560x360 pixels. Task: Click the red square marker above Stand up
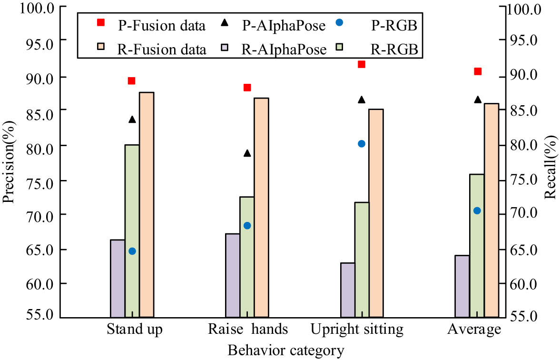(x=132, y=80)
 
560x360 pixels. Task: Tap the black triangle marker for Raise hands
(x=247, y=153)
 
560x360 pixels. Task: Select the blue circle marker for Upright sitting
(x=361, y=144)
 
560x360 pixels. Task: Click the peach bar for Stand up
(x=147, y=204)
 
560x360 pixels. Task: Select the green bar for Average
(x=477, y=245)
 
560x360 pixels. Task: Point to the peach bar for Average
(x=491, y=210)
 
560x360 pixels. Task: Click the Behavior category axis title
(x=285, y=351)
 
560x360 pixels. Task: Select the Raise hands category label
(x=248, y=330)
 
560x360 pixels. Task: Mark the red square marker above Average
(x=478, y=71)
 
